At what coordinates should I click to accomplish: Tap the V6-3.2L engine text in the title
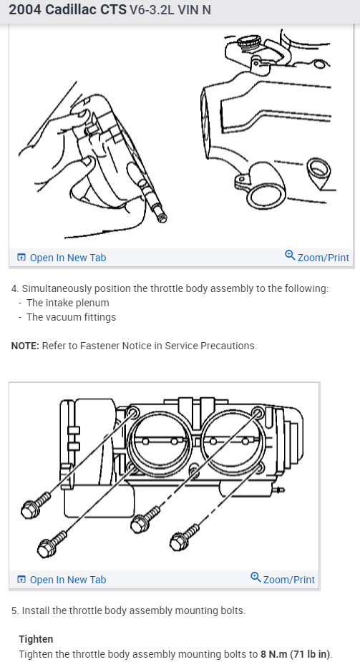(x=152, y=10)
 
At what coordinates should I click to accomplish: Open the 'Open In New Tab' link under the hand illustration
(x=62, y=258)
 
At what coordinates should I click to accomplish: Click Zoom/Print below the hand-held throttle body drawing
(x=317, y=257)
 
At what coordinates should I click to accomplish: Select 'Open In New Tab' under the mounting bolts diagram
(x=62, y=580)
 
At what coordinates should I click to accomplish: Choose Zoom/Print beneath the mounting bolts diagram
(x=282, y=579)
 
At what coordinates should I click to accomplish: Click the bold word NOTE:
(x=25, y=346)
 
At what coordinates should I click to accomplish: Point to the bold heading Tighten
(x=36, y=639)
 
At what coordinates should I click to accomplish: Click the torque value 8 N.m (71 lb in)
(x=296, y=654)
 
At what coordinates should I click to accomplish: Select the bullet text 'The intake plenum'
(x=67, y=303)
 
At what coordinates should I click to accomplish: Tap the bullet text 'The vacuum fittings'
(x=71, y=317)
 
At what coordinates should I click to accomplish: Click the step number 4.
(x=15, y=289)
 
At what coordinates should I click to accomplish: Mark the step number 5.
(x=15, y=611)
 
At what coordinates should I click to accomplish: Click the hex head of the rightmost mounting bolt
(x=180, y=542)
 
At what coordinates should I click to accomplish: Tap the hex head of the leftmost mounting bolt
(x=30, y=510)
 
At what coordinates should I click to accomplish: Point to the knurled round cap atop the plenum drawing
(x=250, y=42)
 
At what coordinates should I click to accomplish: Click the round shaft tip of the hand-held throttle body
(x=162, y=218)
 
